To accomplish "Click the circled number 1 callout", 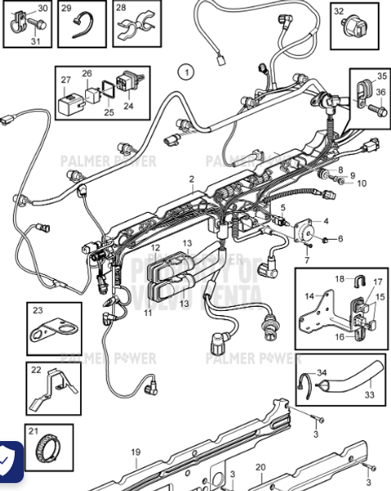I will pyautogui.click(x=186, y=72).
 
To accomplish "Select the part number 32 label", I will pyautogui.click(x=338, y=11).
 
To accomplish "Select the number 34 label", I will pyautogui.click(x=321, y=374).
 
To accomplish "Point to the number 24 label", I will pyautogui.click(x=128, y=105).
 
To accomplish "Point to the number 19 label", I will pyautogui.click(x=136, y=451).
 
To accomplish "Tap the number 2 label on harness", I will pyautogui.click(x=191, y=178).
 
